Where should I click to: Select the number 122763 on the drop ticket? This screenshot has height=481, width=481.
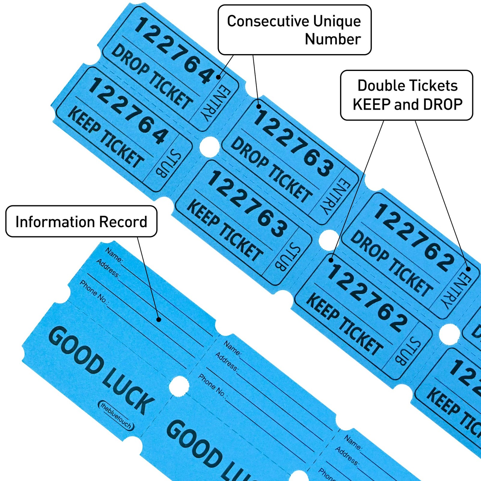click(293, 143)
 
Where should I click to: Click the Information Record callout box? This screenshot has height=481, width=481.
click(81, 222)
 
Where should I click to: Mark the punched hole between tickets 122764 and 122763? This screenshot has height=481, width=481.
click(210, 146)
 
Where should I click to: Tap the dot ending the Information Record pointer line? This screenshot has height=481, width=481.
click(159, 320)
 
